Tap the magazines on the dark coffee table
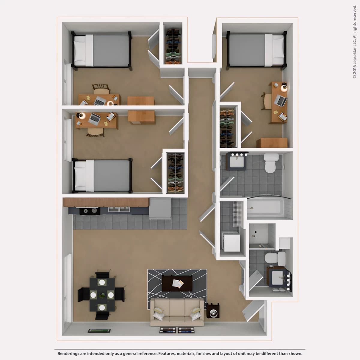tap(178, 283)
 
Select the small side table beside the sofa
tap(213, 310)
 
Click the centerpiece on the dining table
tap(102, 295)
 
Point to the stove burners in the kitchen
tap(90, 211)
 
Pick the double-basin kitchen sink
tap(119, 209)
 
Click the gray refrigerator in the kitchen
tap(160, 209)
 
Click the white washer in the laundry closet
tap(232, 242)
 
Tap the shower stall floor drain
tap(256, 232)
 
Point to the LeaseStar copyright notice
tap(354, 42)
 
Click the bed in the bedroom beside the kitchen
tap(102, 176)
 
